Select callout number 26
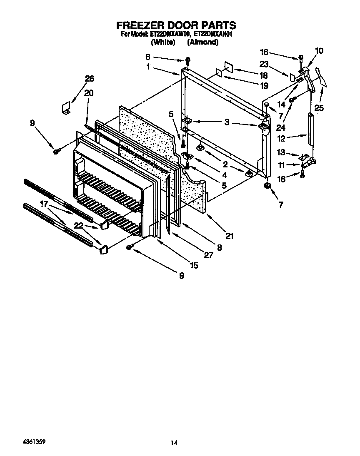click(x=90, y=78)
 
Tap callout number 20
click(x=88, y=93)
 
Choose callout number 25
click(x=319, y=108)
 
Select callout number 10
click(x=319, y=51)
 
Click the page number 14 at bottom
click(x=174, y=444)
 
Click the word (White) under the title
click(x=163, y=42)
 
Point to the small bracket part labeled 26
click(x=65, y=108)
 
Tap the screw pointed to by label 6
click(x=188, y=61)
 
